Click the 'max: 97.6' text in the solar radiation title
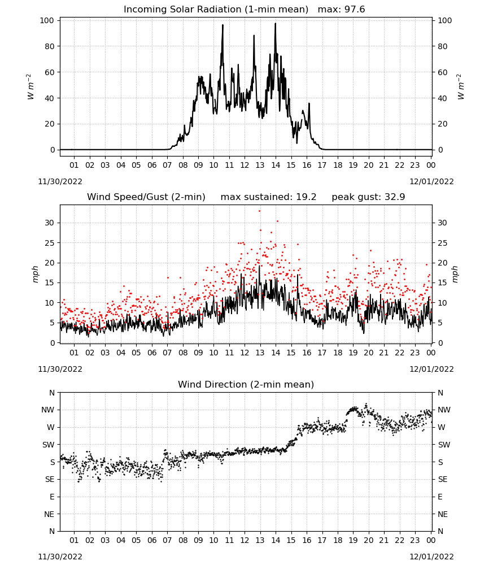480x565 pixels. [x=341, y=9]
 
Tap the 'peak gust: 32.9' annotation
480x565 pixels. [x=368, y=197]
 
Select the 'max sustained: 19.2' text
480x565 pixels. [x=268, y=197]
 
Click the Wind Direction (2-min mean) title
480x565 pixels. [x=246, y=384]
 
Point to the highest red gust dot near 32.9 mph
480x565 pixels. [x=259, y=211]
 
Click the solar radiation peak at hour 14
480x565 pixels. [x=276, y=23]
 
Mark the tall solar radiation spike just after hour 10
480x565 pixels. [x=222, y=25]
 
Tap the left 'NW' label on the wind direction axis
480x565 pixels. [x=47, y=410]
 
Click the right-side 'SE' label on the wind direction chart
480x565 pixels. [x=443, y=479]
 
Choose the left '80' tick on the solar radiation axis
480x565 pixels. [x=49, y=46]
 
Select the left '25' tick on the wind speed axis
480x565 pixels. [x=49, y=243]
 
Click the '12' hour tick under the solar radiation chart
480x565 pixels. [x=245, y=165]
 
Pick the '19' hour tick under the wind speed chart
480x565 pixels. [x=353, y=353]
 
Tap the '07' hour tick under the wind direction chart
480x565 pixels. [x=167, y=540]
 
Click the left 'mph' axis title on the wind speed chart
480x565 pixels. [x=35, y=274]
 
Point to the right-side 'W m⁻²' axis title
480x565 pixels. [x=460, y=87]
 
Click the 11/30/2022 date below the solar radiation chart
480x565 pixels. [x=60, y=181]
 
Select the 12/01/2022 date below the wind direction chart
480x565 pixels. [x=431, y=557]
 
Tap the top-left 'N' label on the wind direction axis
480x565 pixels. [x=52, y=393]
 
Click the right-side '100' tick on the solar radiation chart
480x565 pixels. [x=445, y=20]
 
